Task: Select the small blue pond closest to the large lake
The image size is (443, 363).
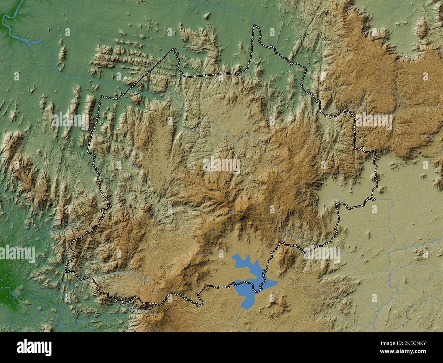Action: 212,232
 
